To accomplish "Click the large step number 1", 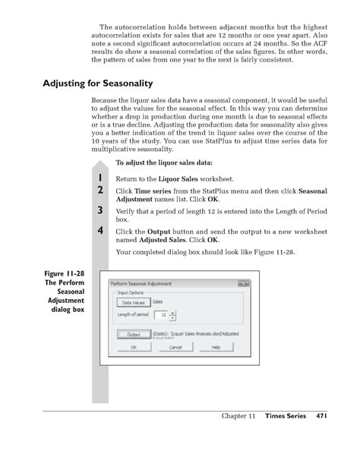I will pos(99,178).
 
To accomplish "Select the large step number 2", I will pos(99,189).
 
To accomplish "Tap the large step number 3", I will pos(99,210).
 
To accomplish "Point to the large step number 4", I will pos(99,231).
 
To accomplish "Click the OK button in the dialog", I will pos(134,347).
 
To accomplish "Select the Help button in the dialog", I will pos(215,347).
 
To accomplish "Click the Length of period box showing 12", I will pos(161,314).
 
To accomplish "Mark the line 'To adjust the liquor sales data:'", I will pos(163,162).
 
